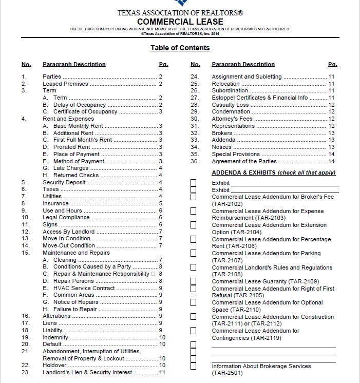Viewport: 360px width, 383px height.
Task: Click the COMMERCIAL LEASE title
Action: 180,22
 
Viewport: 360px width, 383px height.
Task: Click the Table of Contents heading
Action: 180,48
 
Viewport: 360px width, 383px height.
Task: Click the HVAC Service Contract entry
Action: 84,288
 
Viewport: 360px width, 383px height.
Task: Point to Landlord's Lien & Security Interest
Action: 87,373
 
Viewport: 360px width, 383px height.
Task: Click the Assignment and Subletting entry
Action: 247,76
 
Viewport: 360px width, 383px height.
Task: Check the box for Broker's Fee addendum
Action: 193,197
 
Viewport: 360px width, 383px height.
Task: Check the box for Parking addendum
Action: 193,253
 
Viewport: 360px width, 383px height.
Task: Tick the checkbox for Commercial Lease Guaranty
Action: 193,281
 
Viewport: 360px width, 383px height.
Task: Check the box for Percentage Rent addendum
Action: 193,239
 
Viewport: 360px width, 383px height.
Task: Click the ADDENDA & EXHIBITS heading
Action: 273,173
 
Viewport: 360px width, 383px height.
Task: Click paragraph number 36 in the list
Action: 194,161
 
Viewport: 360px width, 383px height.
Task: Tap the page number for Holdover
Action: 162,366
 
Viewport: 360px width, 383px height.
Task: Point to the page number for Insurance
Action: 161,203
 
